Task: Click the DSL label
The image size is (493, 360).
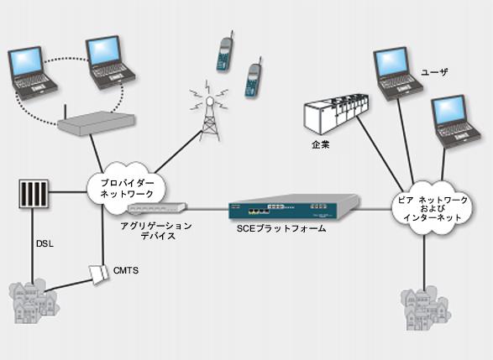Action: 45,243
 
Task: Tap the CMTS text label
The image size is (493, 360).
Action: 126,270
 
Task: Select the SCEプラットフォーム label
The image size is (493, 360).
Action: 281,229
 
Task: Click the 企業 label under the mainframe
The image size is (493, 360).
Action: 321,145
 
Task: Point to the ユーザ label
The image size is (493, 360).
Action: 434,72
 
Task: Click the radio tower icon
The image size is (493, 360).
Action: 209,111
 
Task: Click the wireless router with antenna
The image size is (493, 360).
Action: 96,121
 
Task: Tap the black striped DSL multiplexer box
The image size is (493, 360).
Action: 34,194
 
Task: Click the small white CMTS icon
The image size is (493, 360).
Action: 98,274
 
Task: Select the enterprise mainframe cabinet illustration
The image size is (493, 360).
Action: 336,114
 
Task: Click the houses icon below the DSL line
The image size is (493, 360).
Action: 33,302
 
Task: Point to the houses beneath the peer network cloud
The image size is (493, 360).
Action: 427,309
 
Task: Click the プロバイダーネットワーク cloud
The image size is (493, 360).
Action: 126,188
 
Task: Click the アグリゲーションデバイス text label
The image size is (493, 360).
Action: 156,231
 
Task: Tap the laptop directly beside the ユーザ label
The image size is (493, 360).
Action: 398,74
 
